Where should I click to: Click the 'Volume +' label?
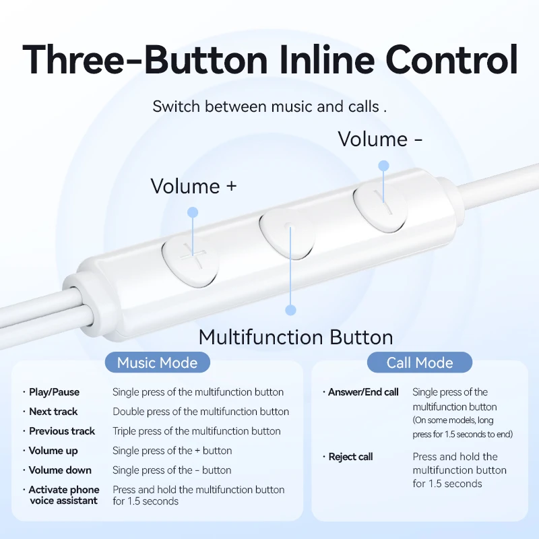click(193, 186)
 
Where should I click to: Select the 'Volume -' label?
click(381, 139)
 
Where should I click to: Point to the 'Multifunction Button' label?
click(296, 336)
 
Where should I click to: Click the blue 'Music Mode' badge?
click(157, 363)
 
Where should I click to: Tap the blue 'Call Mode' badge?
click(419, 363)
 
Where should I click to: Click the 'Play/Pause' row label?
click(54, 392)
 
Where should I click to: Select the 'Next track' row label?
click(53, 412)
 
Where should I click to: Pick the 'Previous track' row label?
click(62, 431)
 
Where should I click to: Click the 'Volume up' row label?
click(53, 451)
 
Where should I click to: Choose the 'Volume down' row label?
click(60, 470)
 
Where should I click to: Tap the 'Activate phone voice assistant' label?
click(63, 495)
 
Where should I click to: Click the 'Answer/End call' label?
click(363, 392)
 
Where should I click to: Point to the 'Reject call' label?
click(350, 457)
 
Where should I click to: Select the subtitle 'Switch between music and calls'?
click(269, 106)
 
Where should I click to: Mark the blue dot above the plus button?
click(193, 212)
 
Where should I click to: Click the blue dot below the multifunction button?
click(290, 310)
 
